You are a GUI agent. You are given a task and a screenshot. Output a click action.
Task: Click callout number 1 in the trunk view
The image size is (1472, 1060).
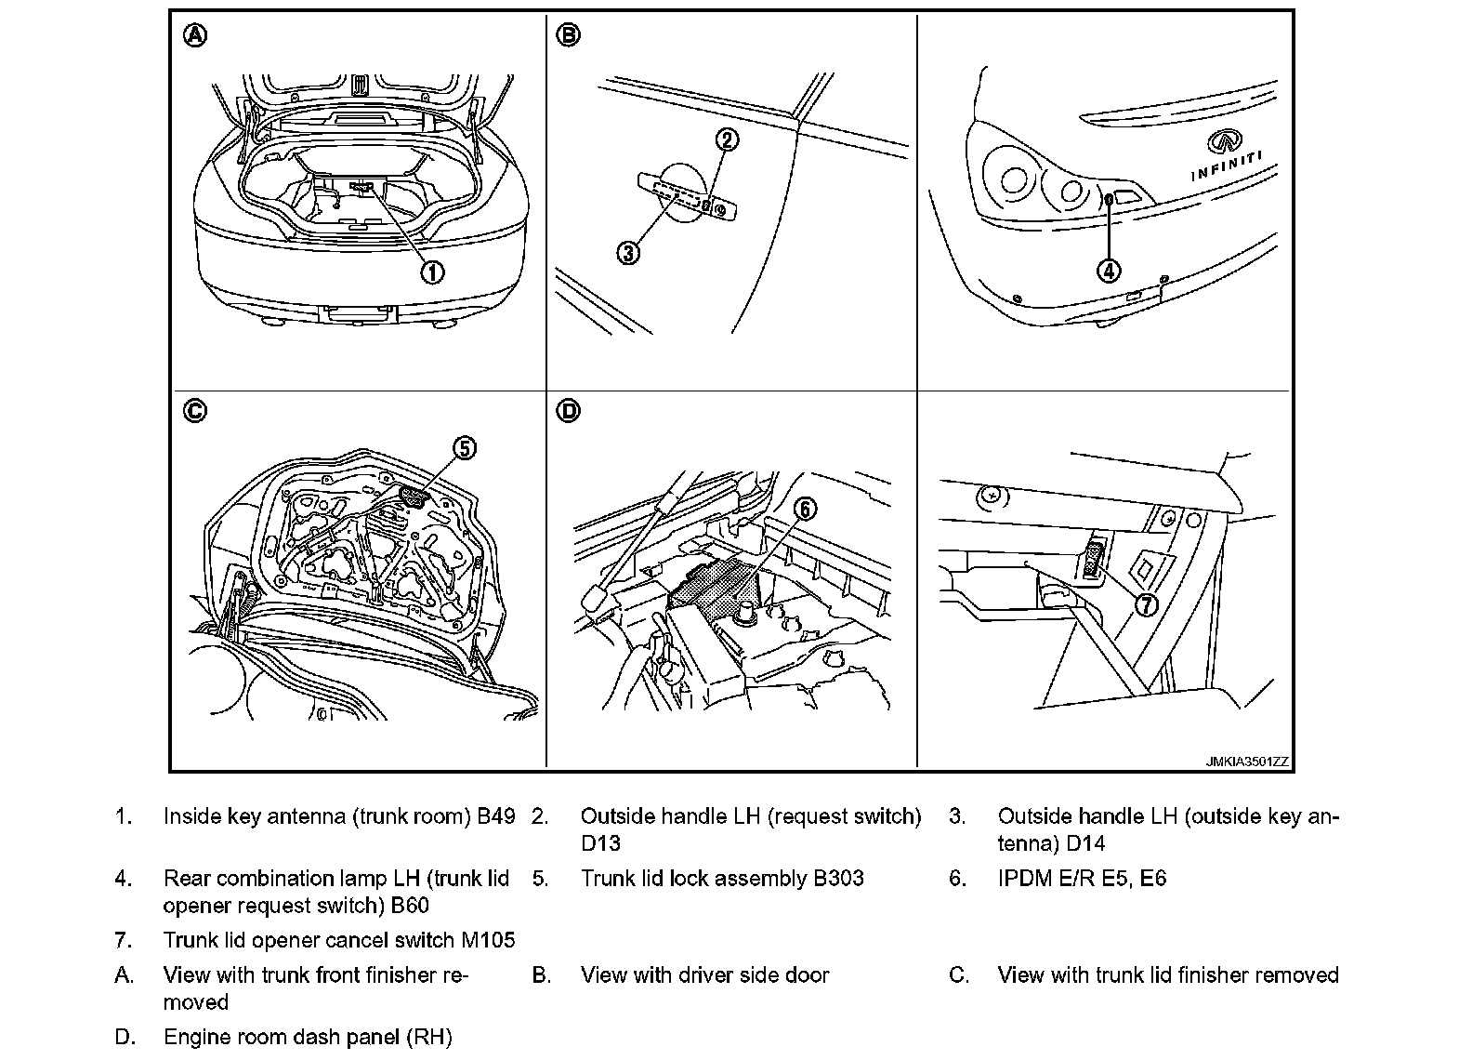tap(432, 272)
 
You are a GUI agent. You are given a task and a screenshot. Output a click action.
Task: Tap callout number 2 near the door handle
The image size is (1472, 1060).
tap(727, 139)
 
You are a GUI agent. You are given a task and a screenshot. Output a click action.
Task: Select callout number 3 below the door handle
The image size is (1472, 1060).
tap(629, 252)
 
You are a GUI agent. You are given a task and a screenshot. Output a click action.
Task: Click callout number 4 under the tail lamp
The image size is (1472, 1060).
tap(1109, 271)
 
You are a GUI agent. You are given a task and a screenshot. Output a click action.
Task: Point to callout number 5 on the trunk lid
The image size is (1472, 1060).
tap(464, 448)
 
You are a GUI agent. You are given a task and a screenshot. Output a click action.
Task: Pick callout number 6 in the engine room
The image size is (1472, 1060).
tap(805, 509)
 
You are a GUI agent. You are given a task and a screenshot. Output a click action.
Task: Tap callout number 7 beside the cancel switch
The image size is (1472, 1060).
tap(1146, 604)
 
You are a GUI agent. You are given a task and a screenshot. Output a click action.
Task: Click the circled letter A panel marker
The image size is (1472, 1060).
tap(195, 35)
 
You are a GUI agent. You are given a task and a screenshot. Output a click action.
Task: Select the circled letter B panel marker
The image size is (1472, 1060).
tap(568, 35)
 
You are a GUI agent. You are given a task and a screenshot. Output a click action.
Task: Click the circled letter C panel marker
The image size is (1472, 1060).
tap(195, 411)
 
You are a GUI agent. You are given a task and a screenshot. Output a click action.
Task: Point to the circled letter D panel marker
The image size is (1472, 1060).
tap(568, 411)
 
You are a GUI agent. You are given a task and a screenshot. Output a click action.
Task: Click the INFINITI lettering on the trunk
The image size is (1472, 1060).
tap(1227, 166)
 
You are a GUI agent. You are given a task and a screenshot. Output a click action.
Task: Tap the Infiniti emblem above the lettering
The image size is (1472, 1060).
tap(1224, 141)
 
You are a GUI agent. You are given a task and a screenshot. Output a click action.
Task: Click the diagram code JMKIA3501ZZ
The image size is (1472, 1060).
tap(1247, 762)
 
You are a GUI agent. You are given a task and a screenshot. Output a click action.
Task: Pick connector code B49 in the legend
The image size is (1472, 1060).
tap(496, 816)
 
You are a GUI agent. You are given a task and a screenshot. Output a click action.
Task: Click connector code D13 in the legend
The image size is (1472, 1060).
tap(600, 843)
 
